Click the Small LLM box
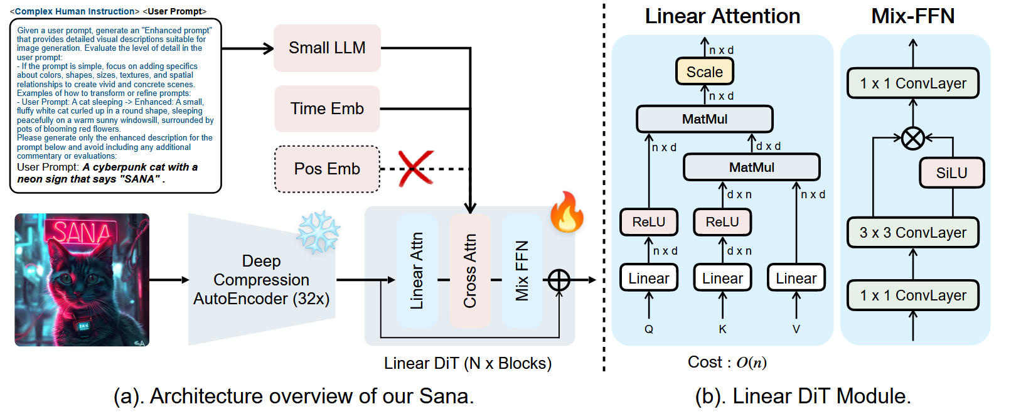point(327,48)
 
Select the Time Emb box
point(327,109)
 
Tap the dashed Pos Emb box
point(327,169)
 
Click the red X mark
point(415,168)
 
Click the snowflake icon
point(318,232)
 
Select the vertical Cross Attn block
point(470,271)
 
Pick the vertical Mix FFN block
point(522,271)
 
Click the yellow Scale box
point(704,72)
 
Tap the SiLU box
point(951,172)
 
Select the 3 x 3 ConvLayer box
point(912,233)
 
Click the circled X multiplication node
point(912,138)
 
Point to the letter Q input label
point(649,329)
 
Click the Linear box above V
point(796,278)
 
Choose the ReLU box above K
point(722,222)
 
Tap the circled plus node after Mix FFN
point(559,280)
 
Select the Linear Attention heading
point(722,16)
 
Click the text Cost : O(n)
point(727,363)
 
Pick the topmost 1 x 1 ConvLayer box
point(912,83)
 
